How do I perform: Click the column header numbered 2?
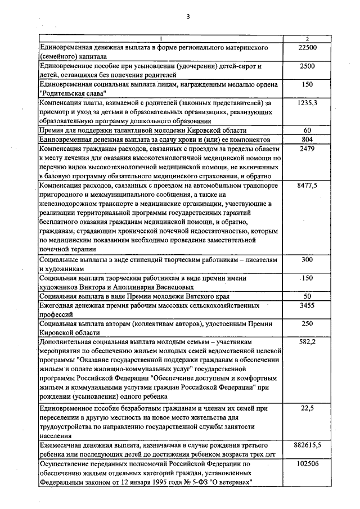click(307, 38)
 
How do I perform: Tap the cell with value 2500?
click(307, 66)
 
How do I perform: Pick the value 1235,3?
click(307, 103)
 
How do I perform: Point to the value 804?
click(307, 139)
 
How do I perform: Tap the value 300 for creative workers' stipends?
click(307, 260)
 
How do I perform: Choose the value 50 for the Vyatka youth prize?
click(307, 296)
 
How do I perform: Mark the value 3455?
click(307, 305)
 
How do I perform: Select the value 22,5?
click(307, 408)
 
